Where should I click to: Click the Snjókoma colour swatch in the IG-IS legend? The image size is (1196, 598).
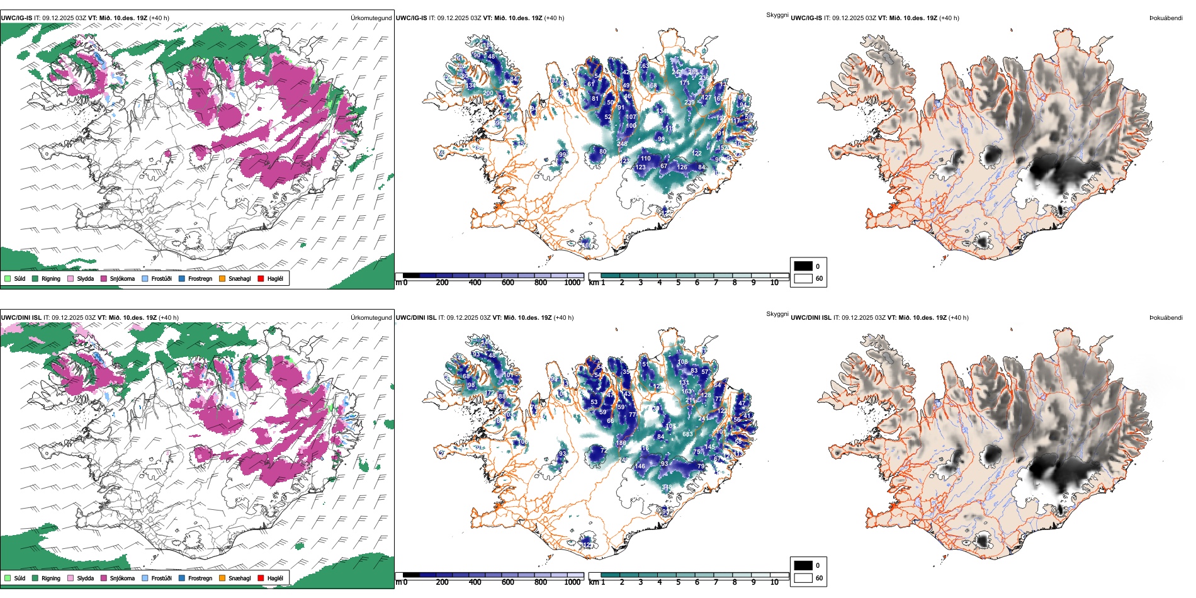(104, 278)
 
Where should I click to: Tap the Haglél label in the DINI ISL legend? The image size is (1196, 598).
(275, 578)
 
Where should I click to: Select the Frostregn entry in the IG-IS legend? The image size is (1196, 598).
(200, 278)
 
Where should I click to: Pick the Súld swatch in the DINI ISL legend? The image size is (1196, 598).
(8, 578)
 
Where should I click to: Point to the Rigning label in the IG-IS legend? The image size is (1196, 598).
(51, 278)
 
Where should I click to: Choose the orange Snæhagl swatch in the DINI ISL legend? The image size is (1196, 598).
(222, 578)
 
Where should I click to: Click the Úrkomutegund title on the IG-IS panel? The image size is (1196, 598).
(371, 18)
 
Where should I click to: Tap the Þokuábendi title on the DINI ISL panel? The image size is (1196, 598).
(1166, 318)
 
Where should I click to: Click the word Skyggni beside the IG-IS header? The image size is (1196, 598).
(777, 15)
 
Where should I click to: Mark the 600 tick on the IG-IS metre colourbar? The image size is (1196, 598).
(508, 283)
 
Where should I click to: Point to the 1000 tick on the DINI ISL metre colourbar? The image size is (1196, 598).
(572, 582)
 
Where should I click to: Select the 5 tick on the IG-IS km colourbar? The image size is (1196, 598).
(678, 283)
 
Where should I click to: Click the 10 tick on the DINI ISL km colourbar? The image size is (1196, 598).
(774, 582)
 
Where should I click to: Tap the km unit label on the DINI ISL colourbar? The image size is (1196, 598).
(593, 582)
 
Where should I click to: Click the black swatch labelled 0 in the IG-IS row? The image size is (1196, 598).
(803, 266)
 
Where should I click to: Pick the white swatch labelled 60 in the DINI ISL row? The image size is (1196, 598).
(803, 578)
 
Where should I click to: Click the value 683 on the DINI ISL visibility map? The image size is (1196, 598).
(687, 434)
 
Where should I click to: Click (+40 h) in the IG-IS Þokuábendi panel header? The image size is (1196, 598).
(949, 18)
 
